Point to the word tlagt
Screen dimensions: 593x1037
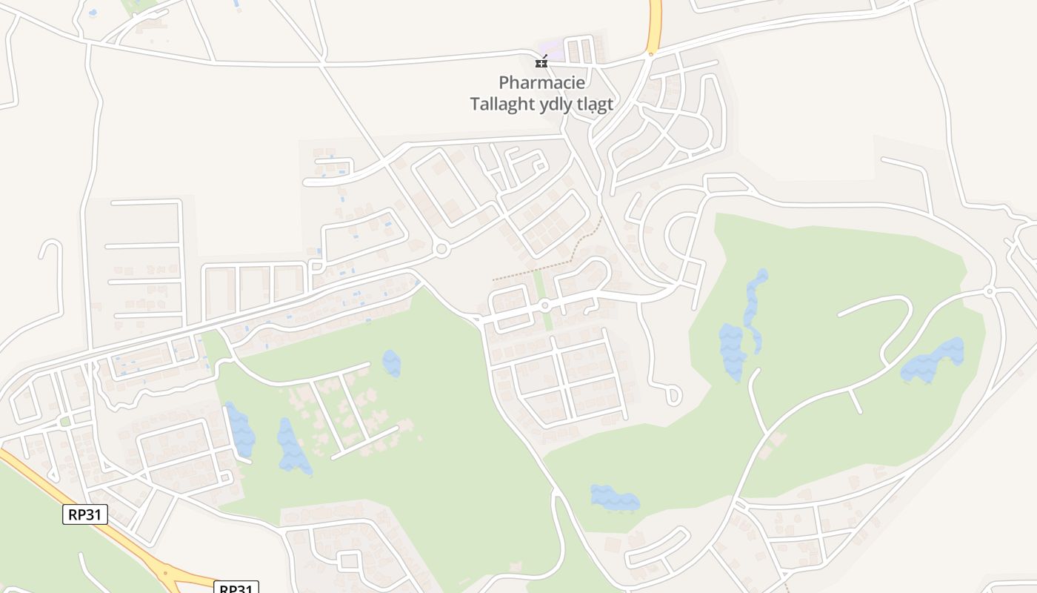(x=595, y=105)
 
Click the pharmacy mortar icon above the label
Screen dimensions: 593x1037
(x=541, y=62)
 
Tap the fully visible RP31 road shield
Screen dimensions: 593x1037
(x=85, y=514)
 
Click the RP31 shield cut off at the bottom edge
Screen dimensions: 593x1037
(x=236, y=589)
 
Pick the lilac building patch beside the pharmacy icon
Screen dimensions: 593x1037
(x=552, y=50)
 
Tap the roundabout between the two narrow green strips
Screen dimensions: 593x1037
(x=544, y=305)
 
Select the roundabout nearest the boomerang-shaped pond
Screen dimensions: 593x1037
(x=990, y=291)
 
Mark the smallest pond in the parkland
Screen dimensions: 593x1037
(x=391, y=363)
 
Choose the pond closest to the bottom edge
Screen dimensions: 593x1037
(x=614, y=498)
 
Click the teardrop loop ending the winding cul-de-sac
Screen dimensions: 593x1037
(x=673, y=395)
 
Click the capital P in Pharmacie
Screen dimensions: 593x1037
(x=504, y=82)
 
